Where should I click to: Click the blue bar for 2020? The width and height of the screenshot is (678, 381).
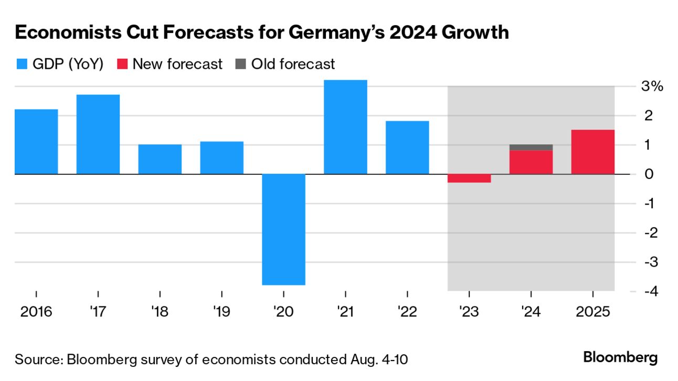(284, 229)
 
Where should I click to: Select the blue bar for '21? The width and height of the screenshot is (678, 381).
(345, 127)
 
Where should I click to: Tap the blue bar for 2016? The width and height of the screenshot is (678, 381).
(36, 142)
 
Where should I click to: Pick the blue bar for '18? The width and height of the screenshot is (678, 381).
(160, 159)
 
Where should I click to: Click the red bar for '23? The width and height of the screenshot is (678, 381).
(469, 178)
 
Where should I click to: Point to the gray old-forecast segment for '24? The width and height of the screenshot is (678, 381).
(531, 147)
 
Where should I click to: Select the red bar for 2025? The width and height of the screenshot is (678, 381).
(592, 152)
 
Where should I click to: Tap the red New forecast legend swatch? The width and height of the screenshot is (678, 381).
(123, 65)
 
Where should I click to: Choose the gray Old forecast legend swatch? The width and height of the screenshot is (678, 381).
(241, 65)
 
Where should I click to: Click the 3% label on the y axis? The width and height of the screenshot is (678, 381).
(653, 87)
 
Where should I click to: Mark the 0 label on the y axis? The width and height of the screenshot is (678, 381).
(649, 174)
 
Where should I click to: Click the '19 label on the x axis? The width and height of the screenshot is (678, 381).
(222, 312)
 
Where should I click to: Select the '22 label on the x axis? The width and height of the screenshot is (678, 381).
(407, 312)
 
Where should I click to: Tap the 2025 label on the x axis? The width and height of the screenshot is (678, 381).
(592, 312)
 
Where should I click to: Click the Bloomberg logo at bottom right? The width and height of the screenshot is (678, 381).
(620, 358)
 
